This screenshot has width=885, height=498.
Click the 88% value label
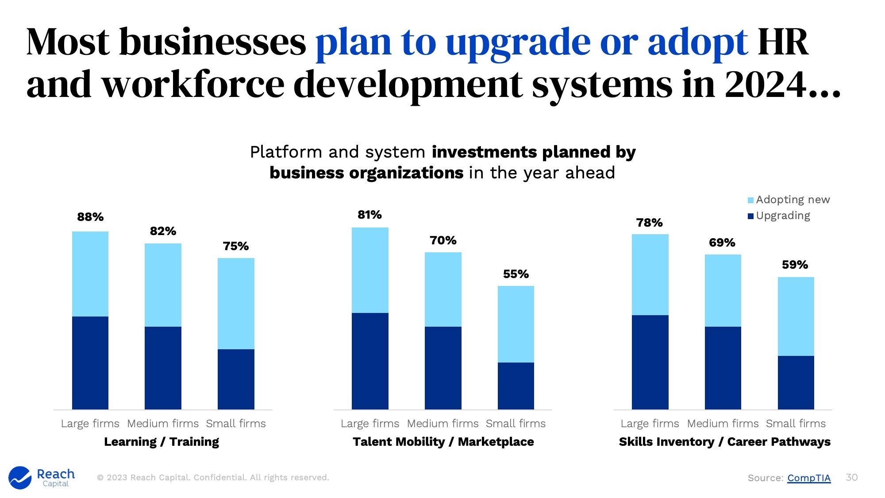pos(90,217)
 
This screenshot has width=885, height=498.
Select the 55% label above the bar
pos(516,274)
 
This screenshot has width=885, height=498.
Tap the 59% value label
pos(795,265)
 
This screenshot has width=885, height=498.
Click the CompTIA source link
pos(808,478)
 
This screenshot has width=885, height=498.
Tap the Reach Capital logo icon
pos(20,478)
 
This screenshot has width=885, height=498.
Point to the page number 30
pos(851,477)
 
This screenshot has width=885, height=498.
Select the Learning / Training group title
pos(162,442)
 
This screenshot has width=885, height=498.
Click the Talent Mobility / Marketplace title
pos(443,442)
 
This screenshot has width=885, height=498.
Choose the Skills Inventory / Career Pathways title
pos(724,442)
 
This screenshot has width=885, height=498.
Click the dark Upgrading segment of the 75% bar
pos(236,378)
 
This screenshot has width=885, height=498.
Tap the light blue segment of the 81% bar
pos(370,270)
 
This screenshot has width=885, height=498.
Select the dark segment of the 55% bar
pos(516,386)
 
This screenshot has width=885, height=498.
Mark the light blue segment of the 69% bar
pos(723,290)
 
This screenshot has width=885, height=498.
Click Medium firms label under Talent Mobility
pos(442,424)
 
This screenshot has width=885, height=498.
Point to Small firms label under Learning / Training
pos(236,424)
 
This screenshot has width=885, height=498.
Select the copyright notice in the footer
pos(213,478)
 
